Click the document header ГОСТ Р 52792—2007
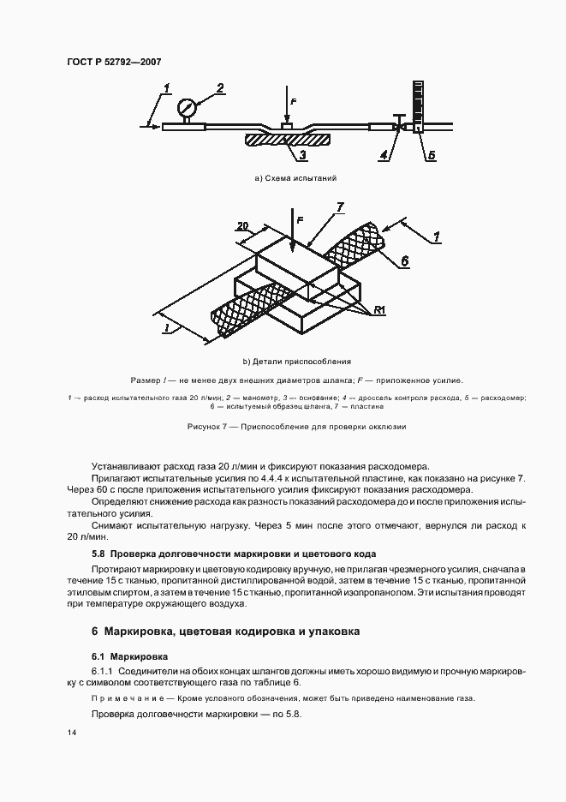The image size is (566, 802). coord(115,62)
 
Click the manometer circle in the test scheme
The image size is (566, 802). coord(186,108)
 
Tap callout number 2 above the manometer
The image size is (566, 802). coord(220,87)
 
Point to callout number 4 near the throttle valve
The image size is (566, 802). coord(384,155)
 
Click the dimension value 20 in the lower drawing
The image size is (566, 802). coord(242,226)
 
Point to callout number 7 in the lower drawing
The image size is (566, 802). coord(340,207)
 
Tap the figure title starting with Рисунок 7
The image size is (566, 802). coord(295,426)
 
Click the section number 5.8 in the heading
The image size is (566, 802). coord(98,554)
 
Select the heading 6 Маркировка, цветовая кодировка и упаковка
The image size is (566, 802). coord(225,631)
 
